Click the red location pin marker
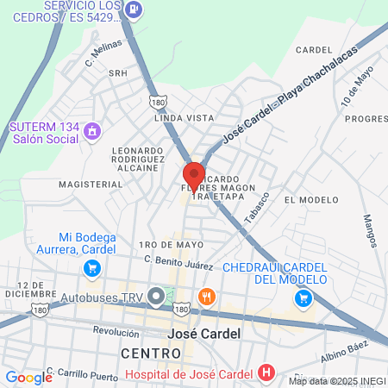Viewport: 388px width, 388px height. pyautogui.click(x=194, y=177)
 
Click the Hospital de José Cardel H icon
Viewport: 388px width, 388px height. pyautogui.click(x=266, y=373)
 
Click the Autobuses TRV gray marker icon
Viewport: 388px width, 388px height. pyautogui.click(x=156, y=297)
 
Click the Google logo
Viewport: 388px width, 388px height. pyautogui.click(x=28, y=377)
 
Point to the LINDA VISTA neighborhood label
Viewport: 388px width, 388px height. pyautogui.click(x=183, y=117)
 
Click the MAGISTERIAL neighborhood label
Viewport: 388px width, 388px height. pyautogui.click(x=91, y=185)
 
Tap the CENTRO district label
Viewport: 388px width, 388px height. pyautogui.click(x=152, y=354)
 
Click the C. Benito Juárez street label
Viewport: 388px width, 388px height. pyautogui.click(x=178, y=260)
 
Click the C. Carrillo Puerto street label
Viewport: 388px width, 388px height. pyautogui.click(x=82, y=372)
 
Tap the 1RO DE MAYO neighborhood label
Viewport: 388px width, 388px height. pyautogui.click(x=175, y=244)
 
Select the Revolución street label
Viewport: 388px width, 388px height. pyautogui.click(x=116, y=331)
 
